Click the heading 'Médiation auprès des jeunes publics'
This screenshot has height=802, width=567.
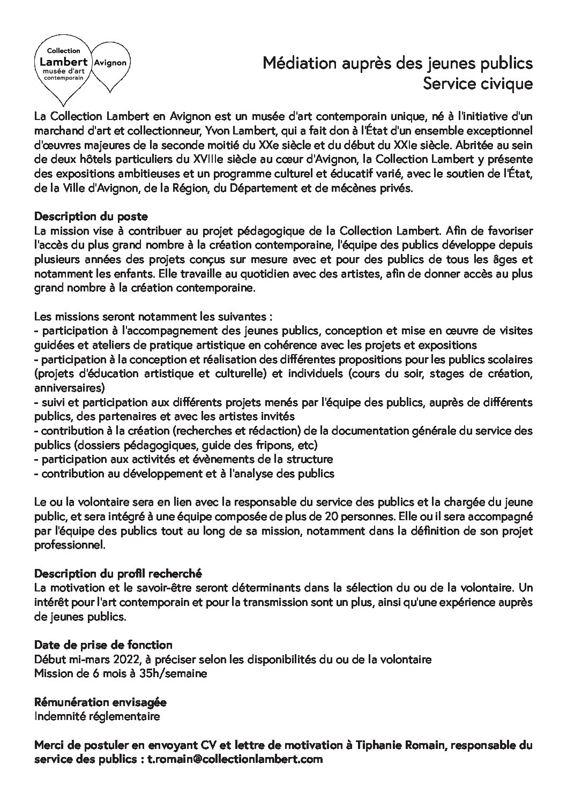pos(397,64)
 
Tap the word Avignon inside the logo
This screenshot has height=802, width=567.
pos(110,62)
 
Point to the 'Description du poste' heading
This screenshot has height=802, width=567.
pos(91,217)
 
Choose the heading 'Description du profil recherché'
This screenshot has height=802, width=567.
pos(118,574)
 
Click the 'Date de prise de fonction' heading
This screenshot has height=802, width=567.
pos(103,645)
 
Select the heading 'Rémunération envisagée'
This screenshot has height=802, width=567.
pos(100,702)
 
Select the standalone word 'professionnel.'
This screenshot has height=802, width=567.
pos(69,545)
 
